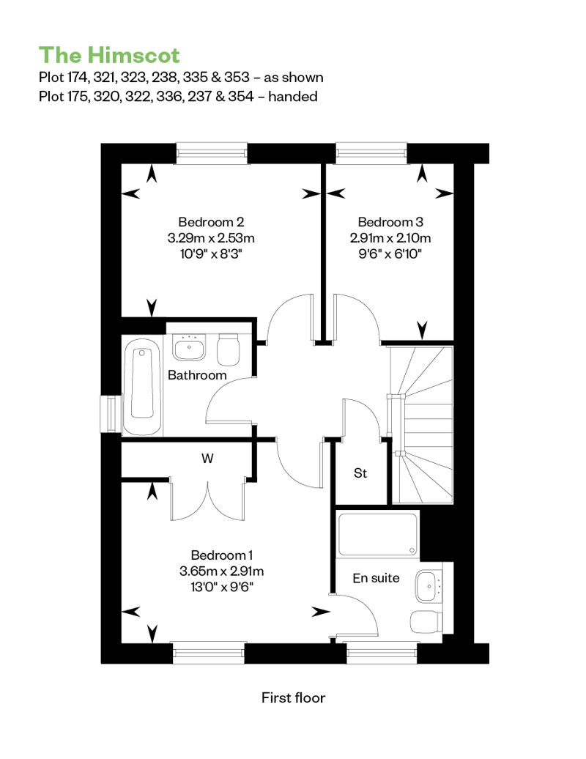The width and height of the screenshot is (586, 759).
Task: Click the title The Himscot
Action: pos(109,55)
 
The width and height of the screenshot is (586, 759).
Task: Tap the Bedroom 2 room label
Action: pos(211,222)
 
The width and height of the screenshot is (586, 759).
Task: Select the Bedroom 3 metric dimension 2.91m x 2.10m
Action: pos(390,238)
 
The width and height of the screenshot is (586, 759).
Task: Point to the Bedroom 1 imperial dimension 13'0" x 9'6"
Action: pos(222,587)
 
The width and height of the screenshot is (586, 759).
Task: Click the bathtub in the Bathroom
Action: pos(141,386)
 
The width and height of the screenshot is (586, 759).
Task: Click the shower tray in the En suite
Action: pos(377,534)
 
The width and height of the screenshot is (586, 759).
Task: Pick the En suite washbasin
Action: pos(429,586)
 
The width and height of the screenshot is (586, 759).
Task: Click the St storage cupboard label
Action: pos(360,473)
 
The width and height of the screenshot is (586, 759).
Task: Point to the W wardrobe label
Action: pos(207,458)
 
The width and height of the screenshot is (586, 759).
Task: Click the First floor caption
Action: pos(293,697)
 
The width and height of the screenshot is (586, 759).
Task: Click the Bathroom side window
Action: pos(111,414)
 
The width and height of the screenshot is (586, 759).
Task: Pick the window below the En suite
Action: pos(382,653)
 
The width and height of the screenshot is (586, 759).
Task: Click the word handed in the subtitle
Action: pos(293,96)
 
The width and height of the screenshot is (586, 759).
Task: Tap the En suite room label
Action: pos(376,578)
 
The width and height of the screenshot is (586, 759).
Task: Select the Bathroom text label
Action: pos(197,375)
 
